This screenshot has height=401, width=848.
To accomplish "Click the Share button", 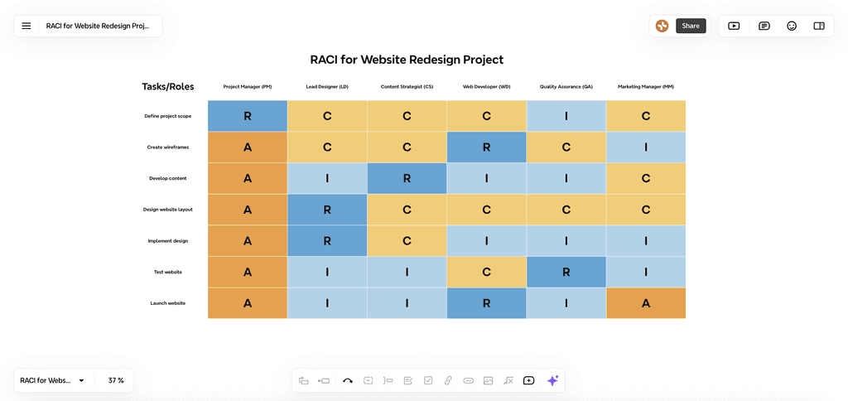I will pos(691,26).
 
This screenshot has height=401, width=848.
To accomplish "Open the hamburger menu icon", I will pos(26,26).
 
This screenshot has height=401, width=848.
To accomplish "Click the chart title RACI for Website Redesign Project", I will pos(407,60).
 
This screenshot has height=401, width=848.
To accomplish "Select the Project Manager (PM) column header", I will pos(248,87).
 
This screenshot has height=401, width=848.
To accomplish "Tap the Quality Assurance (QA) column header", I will pos(566,87).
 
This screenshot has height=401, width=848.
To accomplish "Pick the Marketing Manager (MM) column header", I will pos(646,87).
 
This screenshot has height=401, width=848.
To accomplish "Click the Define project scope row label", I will pos(168,116).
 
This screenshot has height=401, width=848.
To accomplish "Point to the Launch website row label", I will pos(168,303).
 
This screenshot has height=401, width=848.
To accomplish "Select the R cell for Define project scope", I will pos(248,116).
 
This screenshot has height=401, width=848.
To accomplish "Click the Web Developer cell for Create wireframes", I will pos(486,147).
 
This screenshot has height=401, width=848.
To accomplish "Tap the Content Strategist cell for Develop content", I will pos(407,178).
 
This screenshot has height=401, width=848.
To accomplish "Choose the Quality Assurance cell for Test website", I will pos(566,272).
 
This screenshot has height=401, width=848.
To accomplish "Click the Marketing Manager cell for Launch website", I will pos(646,303).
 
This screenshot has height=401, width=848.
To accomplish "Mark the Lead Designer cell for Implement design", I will pos(327,241).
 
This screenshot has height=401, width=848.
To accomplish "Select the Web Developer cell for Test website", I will pos(486,272).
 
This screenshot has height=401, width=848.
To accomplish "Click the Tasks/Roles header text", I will pos(168,87).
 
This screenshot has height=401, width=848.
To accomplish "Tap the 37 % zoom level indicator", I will pos(116,380).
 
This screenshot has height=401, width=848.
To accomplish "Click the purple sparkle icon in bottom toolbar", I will pos(552,380).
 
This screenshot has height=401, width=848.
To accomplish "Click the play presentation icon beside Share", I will pos(734,26).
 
